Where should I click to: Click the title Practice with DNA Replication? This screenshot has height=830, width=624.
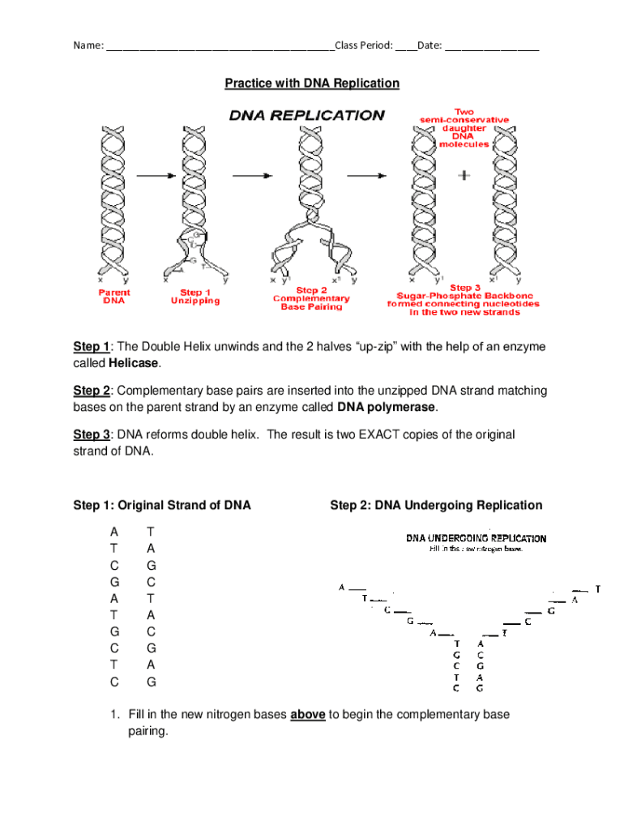(312, 83)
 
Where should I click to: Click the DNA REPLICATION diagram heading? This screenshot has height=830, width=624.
(306, 115)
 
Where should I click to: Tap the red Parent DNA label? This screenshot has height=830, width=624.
(113, 297)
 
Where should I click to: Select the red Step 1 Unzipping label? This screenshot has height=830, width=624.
(194, 297)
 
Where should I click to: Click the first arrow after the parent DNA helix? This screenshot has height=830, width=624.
(156, 175)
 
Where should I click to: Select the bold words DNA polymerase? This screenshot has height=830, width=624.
(387, 406)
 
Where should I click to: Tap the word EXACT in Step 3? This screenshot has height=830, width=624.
(390, 434)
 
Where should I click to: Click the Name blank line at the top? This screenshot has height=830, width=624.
(219, 45)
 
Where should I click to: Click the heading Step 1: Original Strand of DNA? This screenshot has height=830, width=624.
(162, 505)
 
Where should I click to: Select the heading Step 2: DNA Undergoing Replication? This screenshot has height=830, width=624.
(436, 505)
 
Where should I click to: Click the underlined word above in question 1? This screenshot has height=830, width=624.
(308, 714)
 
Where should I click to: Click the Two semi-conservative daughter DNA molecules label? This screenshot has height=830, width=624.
(464, 128)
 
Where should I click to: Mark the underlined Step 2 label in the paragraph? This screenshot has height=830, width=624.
(92, 391)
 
